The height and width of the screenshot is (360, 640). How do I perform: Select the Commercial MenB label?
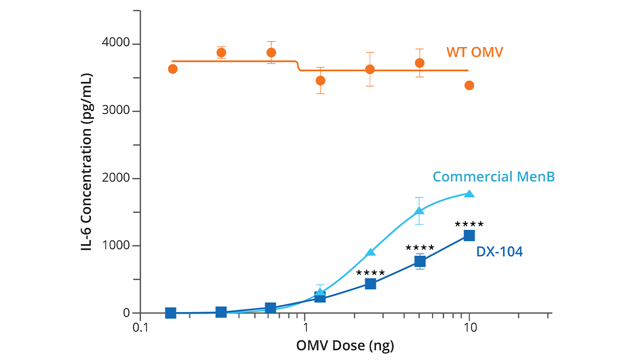tap(494, 176)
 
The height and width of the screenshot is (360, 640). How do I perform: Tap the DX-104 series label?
tap(499, 251)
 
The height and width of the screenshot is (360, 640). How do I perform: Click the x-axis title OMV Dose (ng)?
tap(345, 345)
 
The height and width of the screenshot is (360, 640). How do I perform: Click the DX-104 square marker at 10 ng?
tap(469, 235)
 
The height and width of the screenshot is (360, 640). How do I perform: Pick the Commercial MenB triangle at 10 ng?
tap(469, 193)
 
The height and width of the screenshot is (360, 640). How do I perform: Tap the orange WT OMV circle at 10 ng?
tap(469, 85)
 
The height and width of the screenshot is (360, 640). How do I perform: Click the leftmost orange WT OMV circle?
tap(172, 69)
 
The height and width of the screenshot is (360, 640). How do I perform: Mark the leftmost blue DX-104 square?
tap(170, 313)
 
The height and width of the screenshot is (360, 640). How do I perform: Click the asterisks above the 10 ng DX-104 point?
tap(469, 224)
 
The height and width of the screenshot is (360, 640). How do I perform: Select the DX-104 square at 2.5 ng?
tap(370, 284)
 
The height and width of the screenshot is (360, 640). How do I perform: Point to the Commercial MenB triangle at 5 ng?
tap(419, 211)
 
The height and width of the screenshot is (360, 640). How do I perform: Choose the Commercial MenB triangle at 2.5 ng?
tap(370, 252)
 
